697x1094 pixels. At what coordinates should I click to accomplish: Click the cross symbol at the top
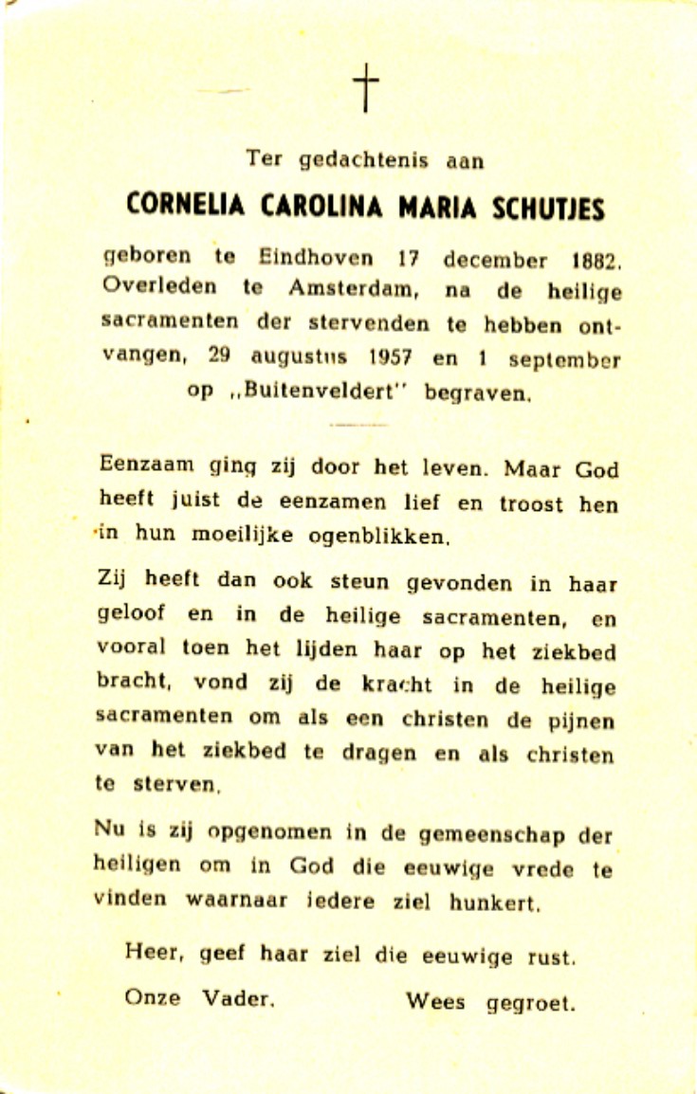(x=365, y=89)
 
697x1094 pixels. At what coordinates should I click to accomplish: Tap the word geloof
(x=134, y=613)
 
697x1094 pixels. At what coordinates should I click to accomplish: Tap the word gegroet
(x=530, y=1002)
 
